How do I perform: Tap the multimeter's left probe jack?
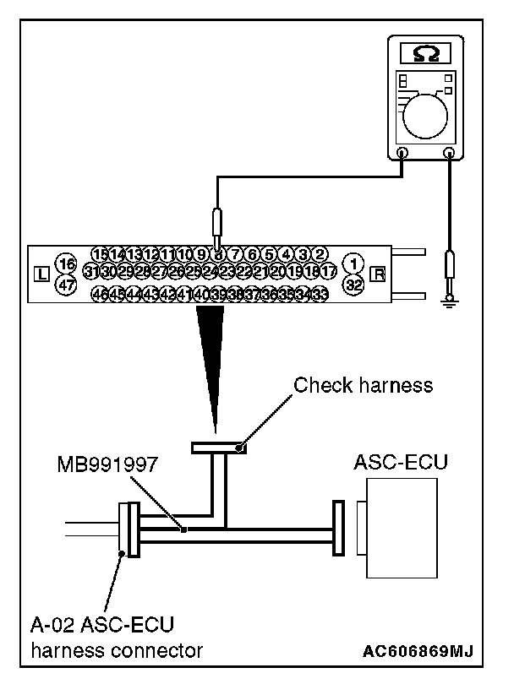coord(402,154)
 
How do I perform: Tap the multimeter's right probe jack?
coord(449,154)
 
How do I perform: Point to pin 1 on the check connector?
coord(355,261)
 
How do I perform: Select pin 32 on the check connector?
coord(355,285)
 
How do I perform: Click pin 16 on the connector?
coord(65,264)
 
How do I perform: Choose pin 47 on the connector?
coord(65,285)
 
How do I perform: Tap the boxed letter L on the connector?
coord(41,274)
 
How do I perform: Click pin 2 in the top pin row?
coord(320,254)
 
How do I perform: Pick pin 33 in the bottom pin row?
coord(319,294)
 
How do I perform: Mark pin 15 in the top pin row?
coord(101,254)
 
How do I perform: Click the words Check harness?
coord(363,386)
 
